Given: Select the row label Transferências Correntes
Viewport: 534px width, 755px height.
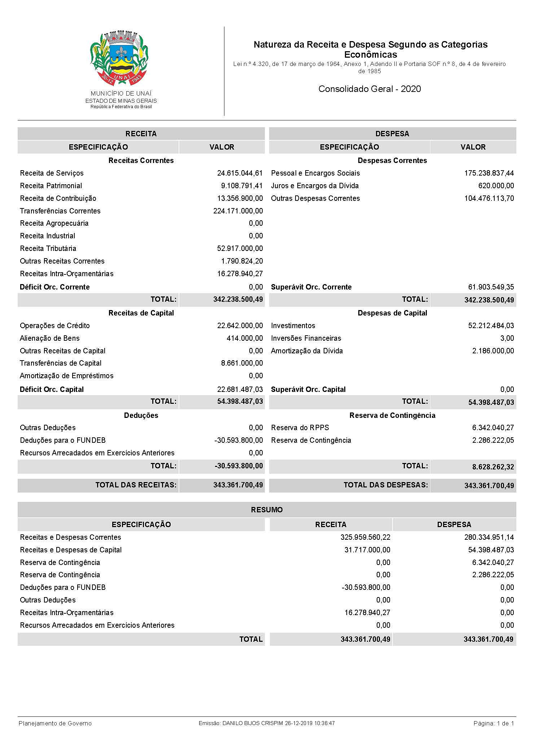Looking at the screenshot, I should click(x=60, y=211).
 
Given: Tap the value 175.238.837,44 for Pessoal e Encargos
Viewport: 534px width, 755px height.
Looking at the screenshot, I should click(x=489, y=173).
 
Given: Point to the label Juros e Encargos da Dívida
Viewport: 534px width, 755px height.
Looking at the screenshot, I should click(x=315, y=186).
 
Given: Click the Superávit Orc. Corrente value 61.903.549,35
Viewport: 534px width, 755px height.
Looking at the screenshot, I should click(x=491, y=287).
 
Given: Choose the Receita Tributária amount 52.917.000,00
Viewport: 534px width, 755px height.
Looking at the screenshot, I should click(x=240, y=248).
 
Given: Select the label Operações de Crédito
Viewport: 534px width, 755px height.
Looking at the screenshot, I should click(x=55, y=326).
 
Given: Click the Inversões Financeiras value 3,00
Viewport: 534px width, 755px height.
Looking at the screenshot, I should click(x=507, y=338).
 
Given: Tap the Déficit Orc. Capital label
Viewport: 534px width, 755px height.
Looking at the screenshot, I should click(x=52, y=389).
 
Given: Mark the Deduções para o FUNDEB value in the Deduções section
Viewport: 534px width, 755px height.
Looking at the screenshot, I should click(x=238, y=440).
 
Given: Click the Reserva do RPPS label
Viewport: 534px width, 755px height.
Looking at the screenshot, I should click(x=300, y=428).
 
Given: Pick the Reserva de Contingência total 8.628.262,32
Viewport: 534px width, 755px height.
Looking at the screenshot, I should click(x=493, y=467).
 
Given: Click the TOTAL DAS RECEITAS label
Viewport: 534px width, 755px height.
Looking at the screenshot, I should click(x=136, y=485).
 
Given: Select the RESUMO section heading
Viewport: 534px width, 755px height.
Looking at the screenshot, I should click(x=267, y=510).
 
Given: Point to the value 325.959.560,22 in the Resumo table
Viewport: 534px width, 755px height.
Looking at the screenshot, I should click(x=365, y=537).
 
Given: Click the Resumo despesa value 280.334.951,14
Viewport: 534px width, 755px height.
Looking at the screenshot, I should click(x=489, y=537).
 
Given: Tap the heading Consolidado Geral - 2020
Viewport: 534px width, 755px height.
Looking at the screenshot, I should click(x=369, y=89).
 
